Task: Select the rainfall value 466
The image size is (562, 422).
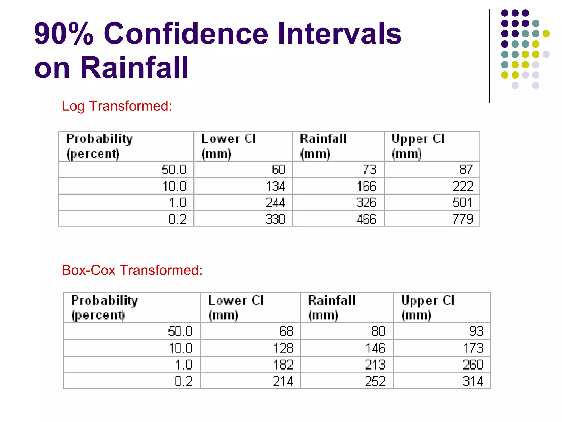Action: pyautogui.click(x=366, y=219)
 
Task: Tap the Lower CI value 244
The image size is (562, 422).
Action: pyautogui.click(x=276, y=202)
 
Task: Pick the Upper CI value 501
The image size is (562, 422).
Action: pyautogui.click(x=462, y=202)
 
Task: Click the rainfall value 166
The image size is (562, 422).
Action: pyautogui.click(x=366, y=186)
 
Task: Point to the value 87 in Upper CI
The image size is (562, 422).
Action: pyautogui.click(x=466, y=170)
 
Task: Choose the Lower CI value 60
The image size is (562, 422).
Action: pyautogui.click(x=279, y=170)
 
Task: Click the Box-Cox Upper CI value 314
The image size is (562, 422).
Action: pyautogui.click(x=473, y=381)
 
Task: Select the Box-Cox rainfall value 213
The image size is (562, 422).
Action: pyautogui.click(x=375, y=365)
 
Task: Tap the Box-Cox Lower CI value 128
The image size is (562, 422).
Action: pyautogui.click(x=283, y=348)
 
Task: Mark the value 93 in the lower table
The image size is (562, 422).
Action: pyautogui.click(x=476, y=331)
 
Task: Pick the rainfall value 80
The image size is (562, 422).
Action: pyautogui.click(x=378, y=331)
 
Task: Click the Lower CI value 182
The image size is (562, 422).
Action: pyautogui.click(x=283, y=365)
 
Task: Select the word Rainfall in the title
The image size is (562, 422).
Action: pyautogui.click(x=134, y=68)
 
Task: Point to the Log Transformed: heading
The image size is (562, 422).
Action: pyautogui.click(x=117, y=106)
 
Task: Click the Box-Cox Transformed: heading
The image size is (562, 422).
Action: pyautogui.click(x=132, y=270)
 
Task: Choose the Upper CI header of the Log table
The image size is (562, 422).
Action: pyautogui.click(x=418, y=146)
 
